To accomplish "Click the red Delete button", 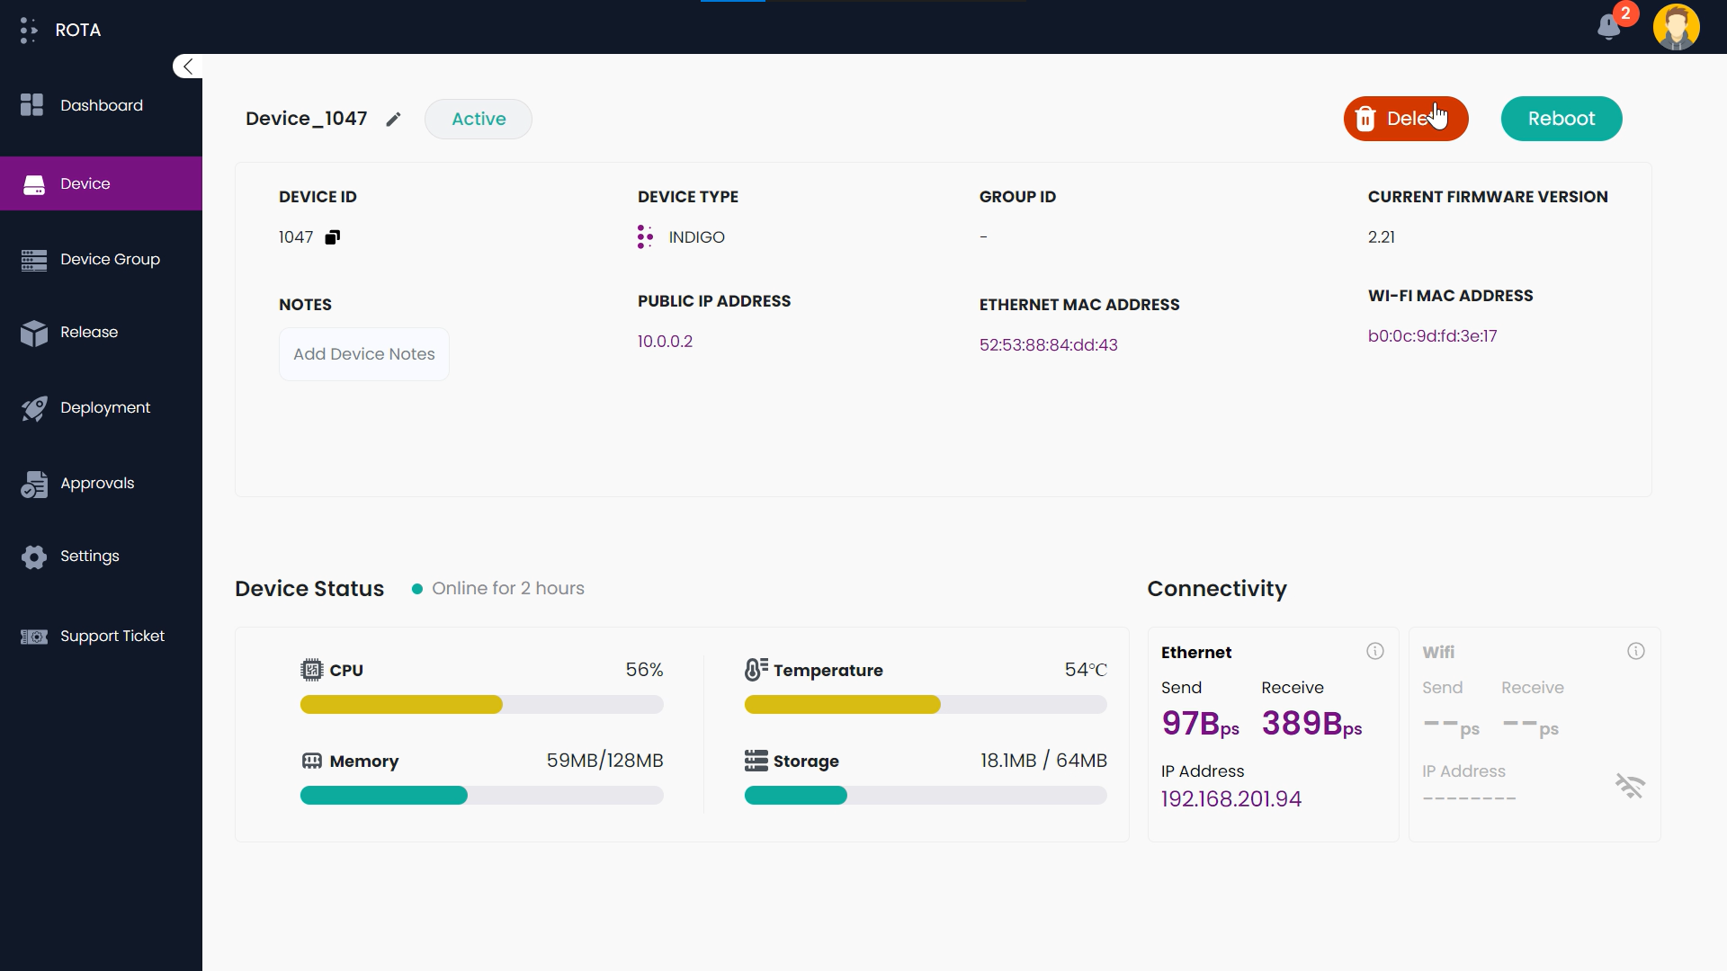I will (x=1404, y=119).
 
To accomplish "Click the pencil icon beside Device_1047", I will (x=393, y=120).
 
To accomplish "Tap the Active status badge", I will (x=479, y=119).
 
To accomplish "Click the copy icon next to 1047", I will (x=333, y=237).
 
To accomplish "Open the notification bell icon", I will (x=1609, y=27).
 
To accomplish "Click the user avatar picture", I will (x=1676, y=27).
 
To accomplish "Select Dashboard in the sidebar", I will (x=101, y=105).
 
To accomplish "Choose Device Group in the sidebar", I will (x=110, y=259).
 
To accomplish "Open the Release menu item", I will (x=88, y=332).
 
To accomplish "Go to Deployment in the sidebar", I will (x=104, y=407).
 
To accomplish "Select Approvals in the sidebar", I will (x=96, y=483).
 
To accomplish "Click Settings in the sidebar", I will (x=89, y=556).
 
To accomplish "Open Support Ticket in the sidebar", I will (x=112, y=636).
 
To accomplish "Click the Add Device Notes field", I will (x=363, y=354).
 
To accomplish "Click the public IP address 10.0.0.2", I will (x=665, y=342).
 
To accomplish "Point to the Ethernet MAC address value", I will (x=1048, y=345).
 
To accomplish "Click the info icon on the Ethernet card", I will (x=1375, y=651).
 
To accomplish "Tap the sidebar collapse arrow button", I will (x=187, y=67).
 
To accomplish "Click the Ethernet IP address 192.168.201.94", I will (x=1230, y=798).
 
